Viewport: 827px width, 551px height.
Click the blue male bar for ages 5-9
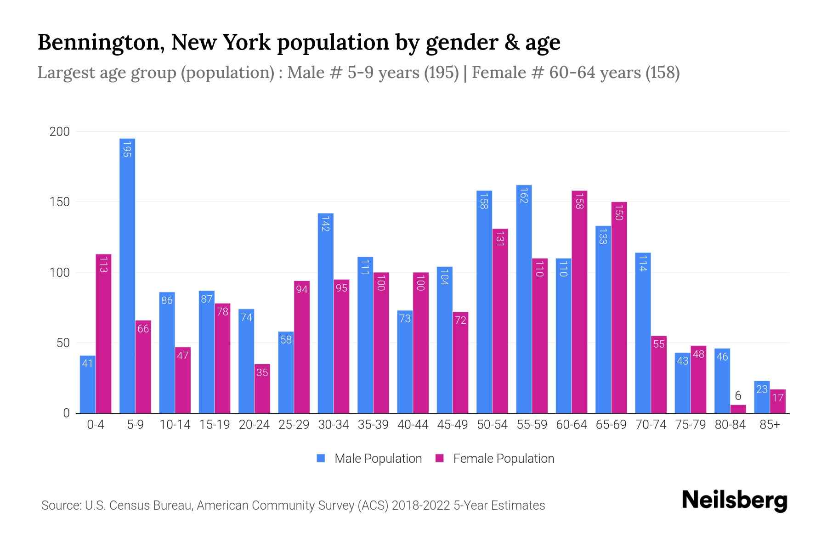click(127, 275)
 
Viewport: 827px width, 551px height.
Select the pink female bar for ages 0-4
click(103, 334)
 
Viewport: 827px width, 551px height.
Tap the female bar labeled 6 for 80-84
click(738, 409)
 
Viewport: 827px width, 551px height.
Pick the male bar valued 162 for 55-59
click(524, 299)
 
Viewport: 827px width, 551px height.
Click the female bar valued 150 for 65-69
click(619, 308)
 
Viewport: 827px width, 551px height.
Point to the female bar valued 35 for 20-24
click(262, 388)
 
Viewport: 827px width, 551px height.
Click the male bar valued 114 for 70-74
click(643, 333)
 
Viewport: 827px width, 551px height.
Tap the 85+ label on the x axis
click(770, 425)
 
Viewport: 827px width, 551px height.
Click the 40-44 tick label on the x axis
click(413, 425)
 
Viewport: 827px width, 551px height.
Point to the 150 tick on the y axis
click(59, 202)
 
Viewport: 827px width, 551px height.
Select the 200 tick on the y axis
click(59, 132)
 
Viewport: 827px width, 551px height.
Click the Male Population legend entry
click(378, 459)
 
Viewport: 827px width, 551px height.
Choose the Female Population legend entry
click(503, 459)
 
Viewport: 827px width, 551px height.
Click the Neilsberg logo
click(735, 500)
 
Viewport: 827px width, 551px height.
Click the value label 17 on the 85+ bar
click(777, 398)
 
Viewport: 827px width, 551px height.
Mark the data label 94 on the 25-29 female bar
click(302, 289)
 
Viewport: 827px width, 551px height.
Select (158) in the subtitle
click(662, 73)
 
